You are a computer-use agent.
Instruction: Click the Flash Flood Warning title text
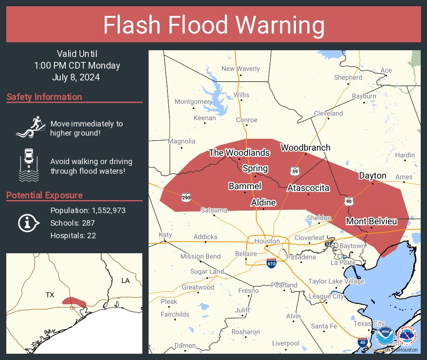213,25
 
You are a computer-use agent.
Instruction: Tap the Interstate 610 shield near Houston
271,263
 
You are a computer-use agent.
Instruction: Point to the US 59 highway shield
294,170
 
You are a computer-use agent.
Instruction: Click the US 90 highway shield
349,201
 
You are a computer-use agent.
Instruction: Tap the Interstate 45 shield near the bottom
363,342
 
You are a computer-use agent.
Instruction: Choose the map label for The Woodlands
239,153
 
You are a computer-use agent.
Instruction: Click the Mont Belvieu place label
371,221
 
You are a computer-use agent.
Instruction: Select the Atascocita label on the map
308,188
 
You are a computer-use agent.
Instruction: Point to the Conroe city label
247,120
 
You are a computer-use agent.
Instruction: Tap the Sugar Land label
207,271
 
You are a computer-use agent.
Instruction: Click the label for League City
326,296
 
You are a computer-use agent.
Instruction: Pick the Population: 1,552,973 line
88,210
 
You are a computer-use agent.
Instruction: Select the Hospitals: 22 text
73,235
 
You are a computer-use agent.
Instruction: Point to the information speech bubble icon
28,223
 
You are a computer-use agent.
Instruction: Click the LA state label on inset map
125,280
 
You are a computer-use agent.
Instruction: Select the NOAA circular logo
385,336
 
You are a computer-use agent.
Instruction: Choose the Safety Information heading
44,97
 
